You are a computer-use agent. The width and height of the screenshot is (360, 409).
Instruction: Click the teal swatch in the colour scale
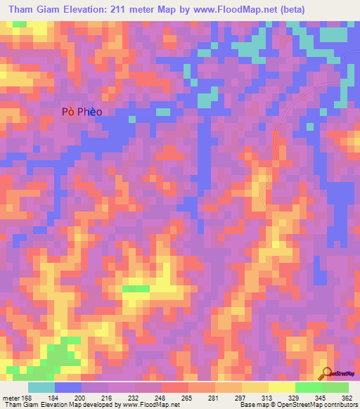pyautogui.click(x=41, y=388)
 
